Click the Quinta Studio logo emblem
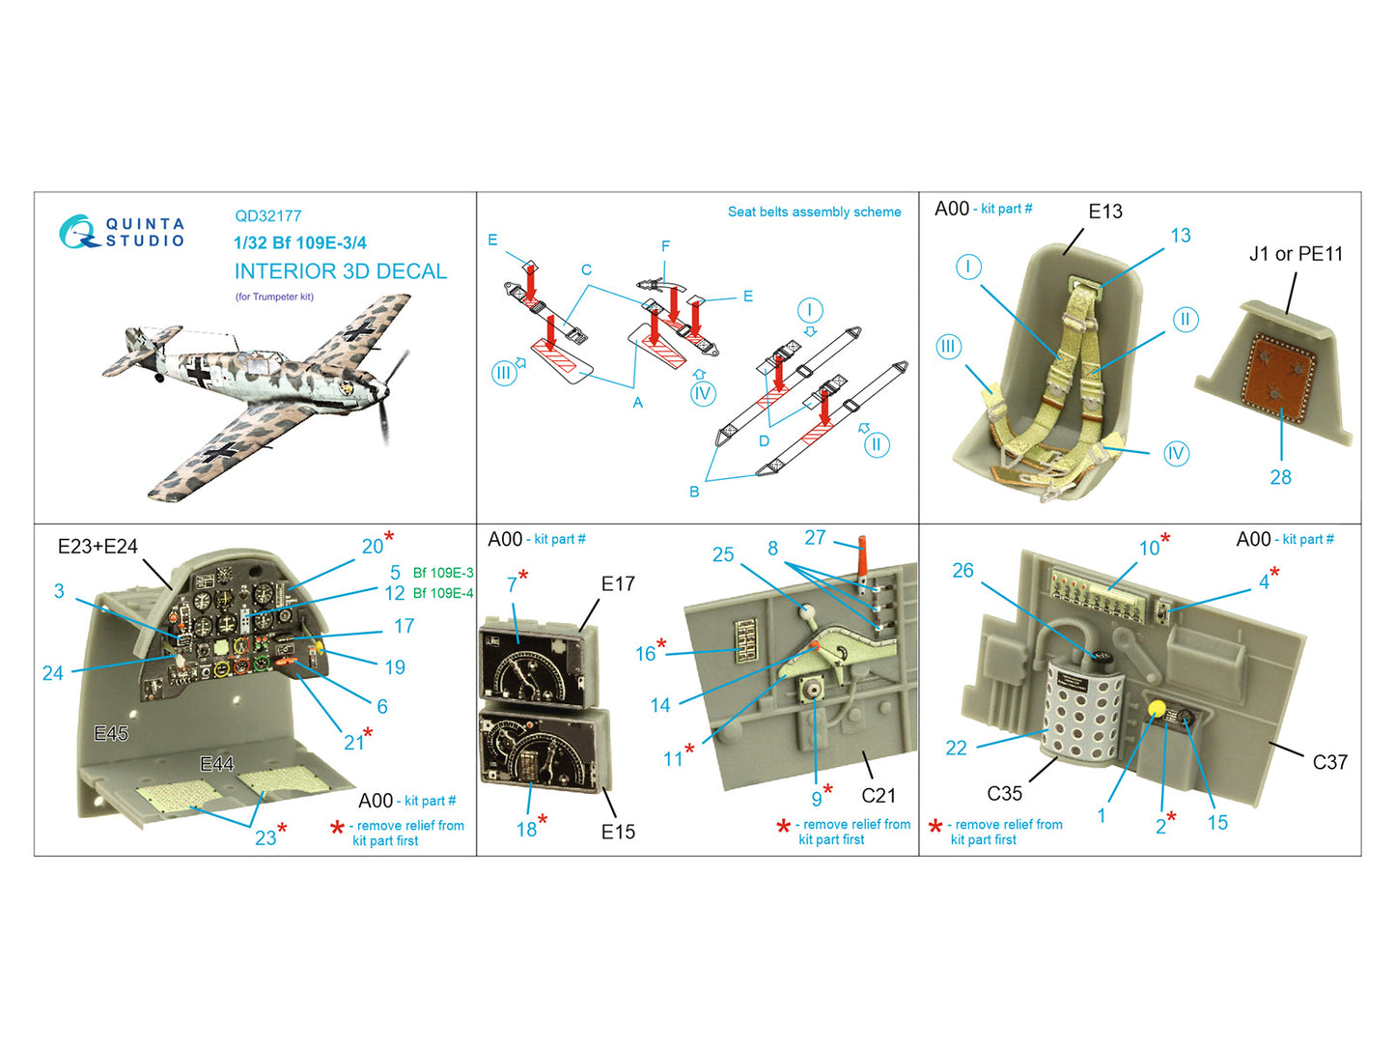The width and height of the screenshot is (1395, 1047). coord(77,232)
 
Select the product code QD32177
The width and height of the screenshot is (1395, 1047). coord(268,216)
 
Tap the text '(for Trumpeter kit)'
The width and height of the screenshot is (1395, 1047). coord(274,297)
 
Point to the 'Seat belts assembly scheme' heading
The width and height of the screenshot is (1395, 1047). coord(814,212)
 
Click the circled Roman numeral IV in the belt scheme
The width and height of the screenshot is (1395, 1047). coord(702,393)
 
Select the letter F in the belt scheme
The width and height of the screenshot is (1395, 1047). coord(665,246)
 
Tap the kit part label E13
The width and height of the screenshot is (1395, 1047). coord(1105,212)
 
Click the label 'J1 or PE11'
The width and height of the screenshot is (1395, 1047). coord(1296,254)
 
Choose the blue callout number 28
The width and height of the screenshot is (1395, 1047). coord(1281,477)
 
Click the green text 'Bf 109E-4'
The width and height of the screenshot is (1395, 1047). coord(443,593)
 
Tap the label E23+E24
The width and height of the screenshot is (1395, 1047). coord(98,546)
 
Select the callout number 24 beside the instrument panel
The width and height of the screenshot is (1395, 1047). coord(53,673)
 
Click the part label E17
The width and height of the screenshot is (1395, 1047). coord(618,583)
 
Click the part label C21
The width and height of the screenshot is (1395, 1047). coord(879,795)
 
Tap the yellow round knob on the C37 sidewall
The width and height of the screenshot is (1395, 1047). coord(1157,709)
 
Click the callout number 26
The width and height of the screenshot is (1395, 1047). coord(963,570)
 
